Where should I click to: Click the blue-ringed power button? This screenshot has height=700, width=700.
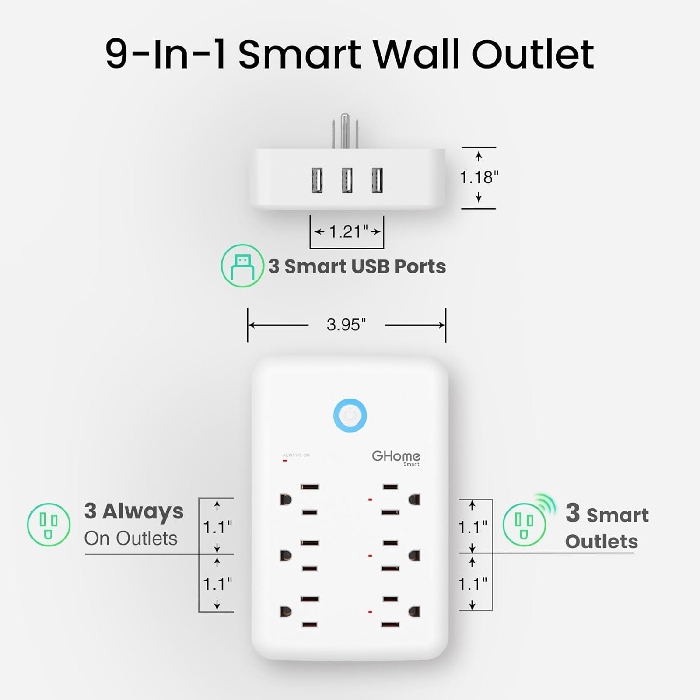click(350, 415)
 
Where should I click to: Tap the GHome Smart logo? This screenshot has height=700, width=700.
click(396, 458)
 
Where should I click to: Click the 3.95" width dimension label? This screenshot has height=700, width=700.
click(346, 324)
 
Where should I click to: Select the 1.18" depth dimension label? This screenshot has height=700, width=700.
click(479, 177)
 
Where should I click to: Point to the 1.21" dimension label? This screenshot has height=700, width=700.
click(349, 231)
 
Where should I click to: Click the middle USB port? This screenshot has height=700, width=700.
click(347, 180)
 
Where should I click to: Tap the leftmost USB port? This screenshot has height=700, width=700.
click(317, 180)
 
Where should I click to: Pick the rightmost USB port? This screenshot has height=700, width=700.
click(377, 180)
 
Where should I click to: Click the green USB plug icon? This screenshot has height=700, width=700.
click(242, 266)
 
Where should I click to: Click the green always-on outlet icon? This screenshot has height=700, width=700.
click(49, 525)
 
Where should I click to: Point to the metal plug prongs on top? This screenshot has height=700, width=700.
click(345, 131)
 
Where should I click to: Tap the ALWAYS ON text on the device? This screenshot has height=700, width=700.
click(296, 455)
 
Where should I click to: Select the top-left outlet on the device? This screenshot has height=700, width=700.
click(299, 499)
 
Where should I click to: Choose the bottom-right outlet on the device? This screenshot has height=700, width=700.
click(400, 612)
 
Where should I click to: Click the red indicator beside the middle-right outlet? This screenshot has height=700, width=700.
click(370, 556)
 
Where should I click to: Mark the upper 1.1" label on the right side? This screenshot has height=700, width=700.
click(473, 527)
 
